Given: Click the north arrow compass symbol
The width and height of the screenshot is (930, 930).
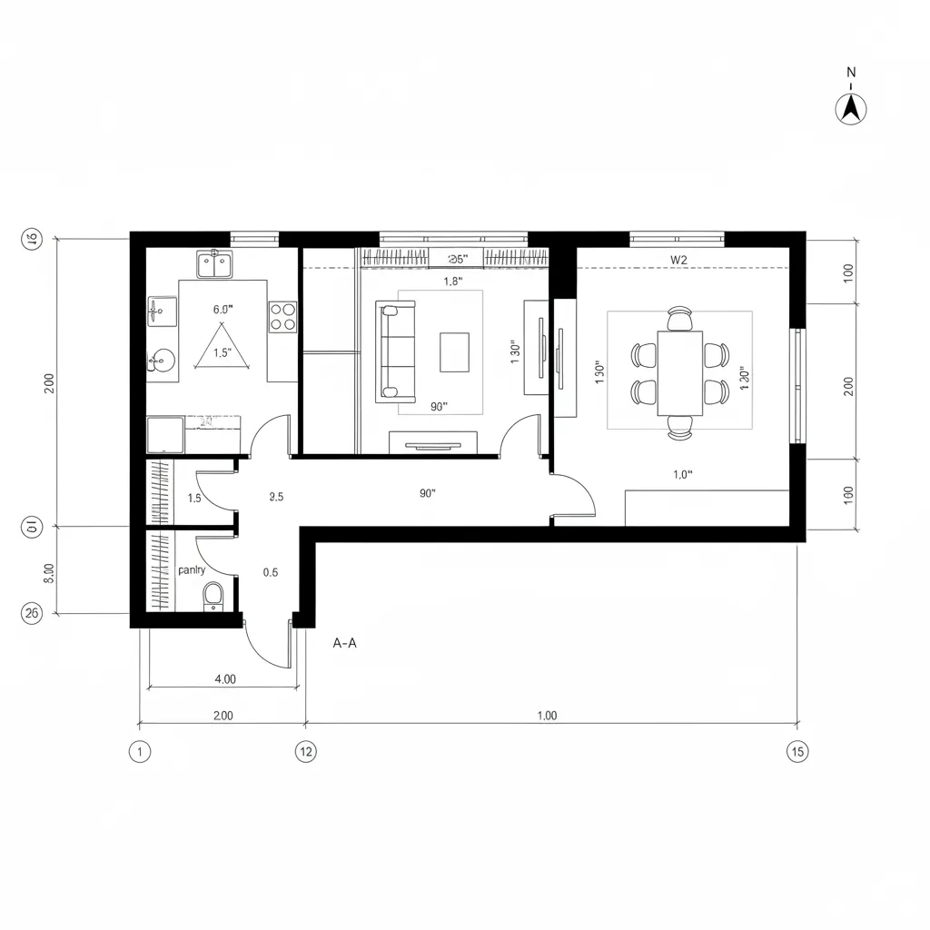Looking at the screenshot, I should point(851,107).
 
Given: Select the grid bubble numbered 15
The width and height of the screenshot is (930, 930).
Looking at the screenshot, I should point(797,752).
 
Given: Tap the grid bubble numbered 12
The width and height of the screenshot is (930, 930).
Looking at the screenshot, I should point(305,752).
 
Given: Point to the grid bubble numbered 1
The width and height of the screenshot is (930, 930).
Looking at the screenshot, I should point(139,752).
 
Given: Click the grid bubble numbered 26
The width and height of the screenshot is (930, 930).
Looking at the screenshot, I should point(31,614).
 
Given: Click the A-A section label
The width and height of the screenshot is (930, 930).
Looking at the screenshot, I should point(345,643).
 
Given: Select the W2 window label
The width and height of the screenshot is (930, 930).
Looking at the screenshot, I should point(678,260).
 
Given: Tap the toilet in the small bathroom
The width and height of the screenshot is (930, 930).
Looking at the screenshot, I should point(213,596).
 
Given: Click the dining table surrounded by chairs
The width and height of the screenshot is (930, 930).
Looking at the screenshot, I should point(680,372).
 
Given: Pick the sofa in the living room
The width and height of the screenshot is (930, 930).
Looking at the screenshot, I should point(395,351).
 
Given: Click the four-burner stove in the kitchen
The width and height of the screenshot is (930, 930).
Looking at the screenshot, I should point(282,316).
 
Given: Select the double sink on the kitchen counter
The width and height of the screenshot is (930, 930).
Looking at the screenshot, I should point(214,265).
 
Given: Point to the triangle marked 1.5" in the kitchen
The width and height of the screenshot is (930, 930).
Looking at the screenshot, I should point(223,350).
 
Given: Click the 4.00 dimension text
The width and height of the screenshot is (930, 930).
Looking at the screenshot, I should point(224,678).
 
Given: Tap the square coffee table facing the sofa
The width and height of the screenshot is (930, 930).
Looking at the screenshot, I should point(454,352).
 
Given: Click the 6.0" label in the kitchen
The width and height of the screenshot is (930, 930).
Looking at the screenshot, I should point(223,310).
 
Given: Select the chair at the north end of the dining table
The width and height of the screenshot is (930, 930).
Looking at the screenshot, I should point(679,319).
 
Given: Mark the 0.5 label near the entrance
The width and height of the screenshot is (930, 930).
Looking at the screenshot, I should point(270,572).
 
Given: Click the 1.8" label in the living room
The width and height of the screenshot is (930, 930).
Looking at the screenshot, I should point(453,282).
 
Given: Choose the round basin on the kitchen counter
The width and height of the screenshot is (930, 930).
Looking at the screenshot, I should point(160,361).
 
